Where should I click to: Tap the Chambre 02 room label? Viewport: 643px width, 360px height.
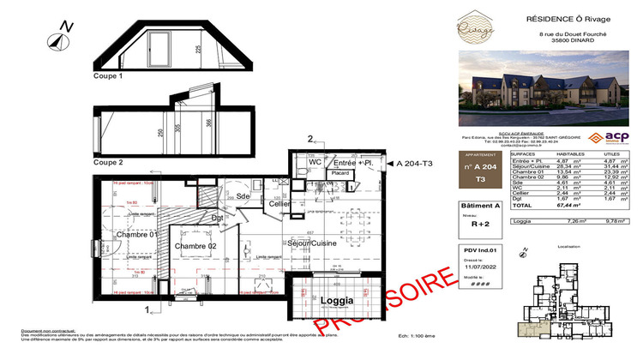pos(195,246)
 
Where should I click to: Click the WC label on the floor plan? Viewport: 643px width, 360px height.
pos(315,162)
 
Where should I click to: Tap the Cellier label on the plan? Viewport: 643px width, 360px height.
pos(279,203)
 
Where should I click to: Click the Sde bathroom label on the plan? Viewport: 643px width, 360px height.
pos(243,196)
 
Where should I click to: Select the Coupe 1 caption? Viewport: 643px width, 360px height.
pos(108,76)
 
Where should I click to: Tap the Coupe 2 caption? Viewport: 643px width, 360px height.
pos(108,162)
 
